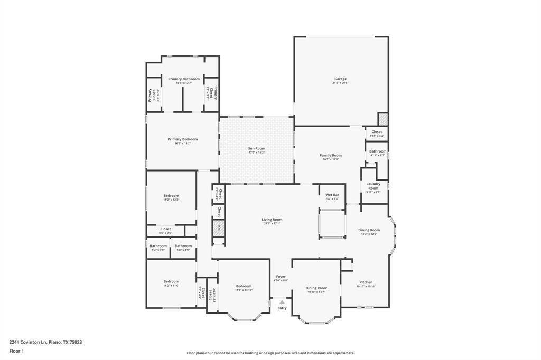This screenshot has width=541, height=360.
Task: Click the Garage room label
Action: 340,79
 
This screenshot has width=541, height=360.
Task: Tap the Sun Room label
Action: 256,148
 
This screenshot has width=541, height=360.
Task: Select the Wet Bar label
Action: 332,195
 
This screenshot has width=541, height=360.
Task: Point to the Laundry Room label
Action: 373,186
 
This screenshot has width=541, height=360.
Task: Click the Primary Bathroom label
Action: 184,79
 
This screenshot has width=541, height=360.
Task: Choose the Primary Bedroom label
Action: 182,139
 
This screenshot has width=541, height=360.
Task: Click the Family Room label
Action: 331,155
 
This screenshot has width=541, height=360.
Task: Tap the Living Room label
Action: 272,220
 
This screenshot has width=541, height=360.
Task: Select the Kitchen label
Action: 366,282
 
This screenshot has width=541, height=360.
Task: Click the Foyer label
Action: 281,277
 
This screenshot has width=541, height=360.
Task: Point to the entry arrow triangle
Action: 282,302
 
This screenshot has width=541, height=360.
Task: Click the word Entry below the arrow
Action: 282,308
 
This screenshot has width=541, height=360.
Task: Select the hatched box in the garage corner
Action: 383,119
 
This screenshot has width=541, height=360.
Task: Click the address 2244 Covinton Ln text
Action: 45,342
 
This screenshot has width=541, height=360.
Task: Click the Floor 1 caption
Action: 16,350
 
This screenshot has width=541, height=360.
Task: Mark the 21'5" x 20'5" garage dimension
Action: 340,83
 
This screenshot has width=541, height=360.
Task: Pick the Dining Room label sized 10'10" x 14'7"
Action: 316,288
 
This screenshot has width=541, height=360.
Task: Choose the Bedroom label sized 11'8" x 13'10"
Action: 244,286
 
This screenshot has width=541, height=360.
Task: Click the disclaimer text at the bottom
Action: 270,353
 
